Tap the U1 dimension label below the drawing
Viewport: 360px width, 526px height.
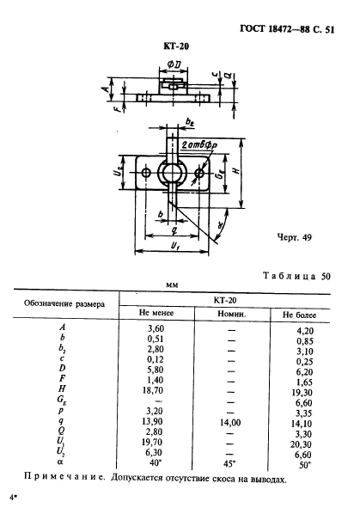coord(175,247)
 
